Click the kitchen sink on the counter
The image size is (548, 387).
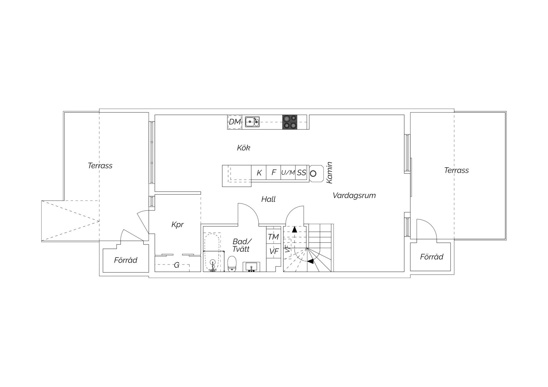click(252, 122)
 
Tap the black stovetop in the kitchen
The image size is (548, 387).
click(290, 122)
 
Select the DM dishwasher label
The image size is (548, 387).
click(235, 122)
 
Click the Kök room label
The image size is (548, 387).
click(243, 148)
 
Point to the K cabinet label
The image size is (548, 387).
click(259, 173)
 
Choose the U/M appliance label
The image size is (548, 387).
click(288, 173)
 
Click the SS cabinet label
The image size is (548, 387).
click(301, 173)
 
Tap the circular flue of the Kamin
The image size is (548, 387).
click(313, 174)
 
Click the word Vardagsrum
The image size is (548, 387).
click(354, 196)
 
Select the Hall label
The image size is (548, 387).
click(268, 199)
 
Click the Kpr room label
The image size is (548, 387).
click(177, 225)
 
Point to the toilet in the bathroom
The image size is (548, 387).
click(232, 264)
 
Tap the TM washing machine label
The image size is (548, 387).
click(273, 237)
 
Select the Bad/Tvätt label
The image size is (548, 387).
click(242, 245)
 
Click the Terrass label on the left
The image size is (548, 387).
click(100, 166)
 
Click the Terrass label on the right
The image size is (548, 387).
click(456, 170)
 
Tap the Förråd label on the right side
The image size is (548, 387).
click(431, 257)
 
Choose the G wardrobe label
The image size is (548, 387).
click(177, 265)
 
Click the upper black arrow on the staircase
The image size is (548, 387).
click(294, 230)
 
